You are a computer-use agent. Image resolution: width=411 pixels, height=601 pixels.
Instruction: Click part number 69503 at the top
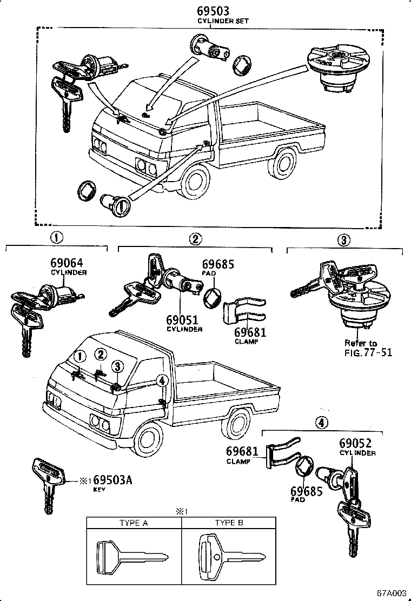pyautogui.click(x=213, y=10)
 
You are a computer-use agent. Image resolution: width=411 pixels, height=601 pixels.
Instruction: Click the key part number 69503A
pyautogui.click(x=112, y=480)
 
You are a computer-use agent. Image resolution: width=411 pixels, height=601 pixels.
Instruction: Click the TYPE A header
pyautogui.click(x=134, y=523)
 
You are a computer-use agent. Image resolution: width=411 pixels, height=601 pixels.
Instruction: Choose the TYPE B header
pyautogui.click(x=229, y=523)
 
